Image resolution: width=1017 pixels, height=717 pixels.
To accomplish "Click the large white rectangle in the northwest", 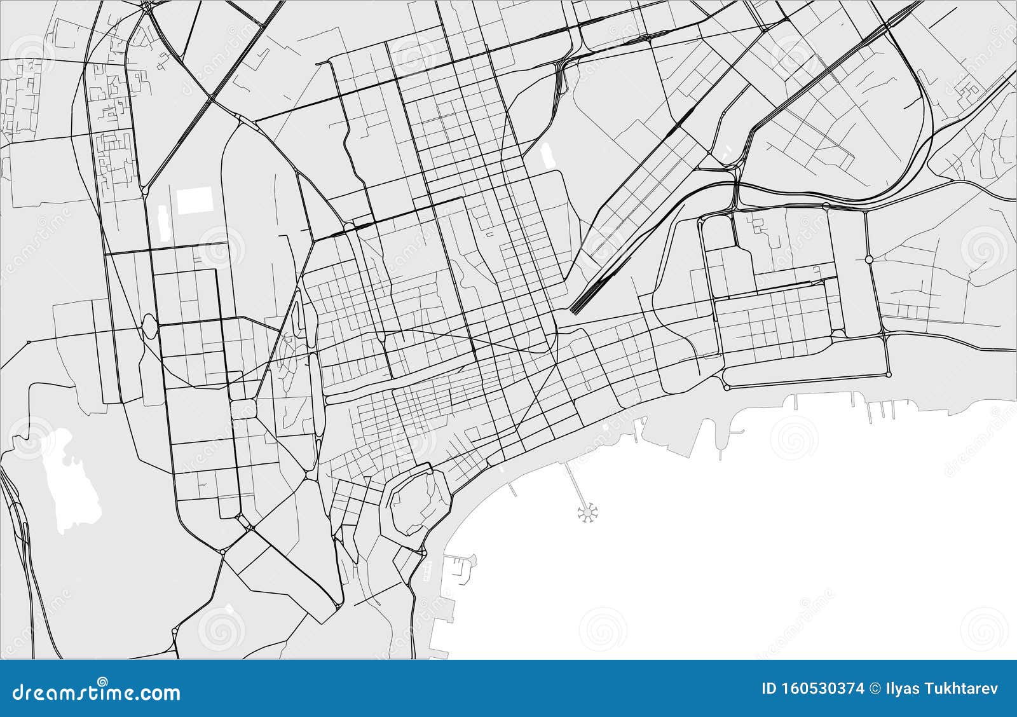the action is tap(195, 200).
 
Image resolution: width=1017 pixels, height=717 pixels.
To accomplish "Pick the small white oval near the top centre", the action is tap(545, 156).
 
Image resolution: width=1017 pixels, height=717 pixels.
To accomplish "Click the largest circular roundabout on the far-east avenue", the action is tap(869, 259).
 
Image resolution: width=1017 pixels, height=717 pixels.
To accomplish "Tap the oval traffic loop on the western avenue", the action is tap(149, 328).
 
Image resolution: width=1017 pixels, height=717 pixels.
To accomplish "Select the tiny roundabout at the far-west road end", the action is tap(29, 342).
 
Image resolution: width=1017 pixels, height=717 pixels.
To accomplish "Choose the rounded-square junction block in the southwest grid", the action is tap(244, 407).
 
